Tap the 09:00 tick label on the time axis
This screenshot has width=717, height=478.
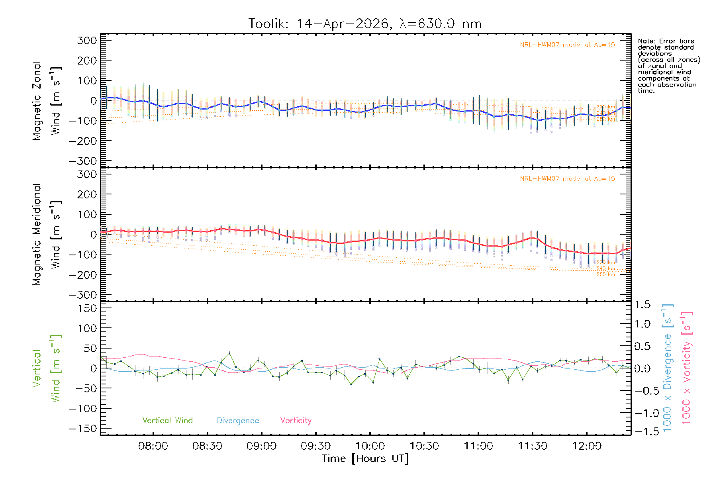261,446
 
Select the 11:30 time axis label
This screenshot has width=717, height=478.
533,446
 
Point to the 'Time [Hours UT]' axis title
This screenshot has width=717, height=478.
365,458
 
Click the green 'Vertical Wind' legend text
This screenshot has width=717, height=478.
167,420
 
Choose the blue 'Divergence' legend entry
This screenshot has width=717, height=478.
238,420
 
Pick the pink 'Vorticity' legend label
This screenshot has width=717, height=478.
296,420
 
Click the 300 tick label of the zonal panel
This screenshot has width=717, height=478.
87,40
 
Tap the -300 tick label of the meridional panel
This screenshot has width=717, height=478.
83,295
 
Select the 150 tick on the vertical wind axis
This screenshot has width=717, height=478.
87,308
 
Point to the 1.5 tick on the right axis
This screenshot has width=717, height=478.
643,305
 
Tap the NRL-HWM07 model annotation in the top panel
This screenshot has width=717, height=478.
567,45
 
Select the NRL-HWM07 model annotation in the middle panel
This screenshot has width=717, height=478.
567,179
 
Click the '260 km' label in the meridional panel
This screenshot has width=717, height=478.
605,274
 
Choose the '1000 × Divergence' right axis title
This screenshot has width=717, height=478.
668,367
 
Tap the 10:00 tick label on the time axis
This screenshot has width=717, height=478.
370,446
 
